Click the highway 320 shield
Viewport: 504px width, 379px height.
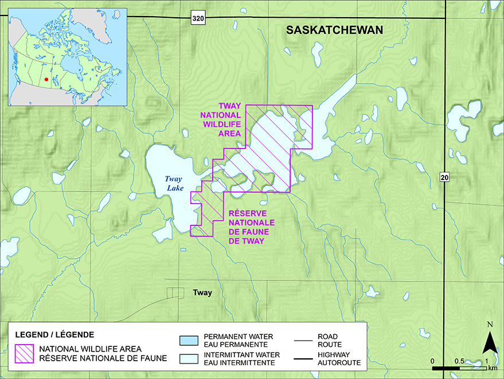pos(198,19)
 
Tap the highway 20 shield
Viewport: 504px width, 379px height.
pos(444,178)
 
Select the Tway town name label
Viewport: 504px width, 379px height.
pos(202,293)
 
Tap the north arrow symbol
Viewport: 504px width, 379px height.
pos(489,343)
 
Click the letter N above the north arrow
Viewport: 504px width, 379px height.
pos(489,325)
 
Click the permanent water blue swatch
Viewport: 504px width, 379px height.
pos(187,340)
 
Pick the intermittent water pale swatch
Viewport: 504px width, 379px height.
pos(187,358)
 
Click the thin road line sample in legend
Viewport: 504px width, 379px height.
pos(307,340)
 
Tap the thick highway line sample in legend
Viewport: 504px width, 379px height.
pos(307,358)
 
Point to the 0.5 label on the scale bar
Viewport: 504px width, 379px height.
pos(459,361)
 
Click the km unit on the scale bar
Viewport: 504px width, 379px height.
pos(493,368)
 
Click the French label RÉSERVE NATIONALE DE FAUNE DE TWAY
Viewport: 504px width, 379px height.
pos(248,226)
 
